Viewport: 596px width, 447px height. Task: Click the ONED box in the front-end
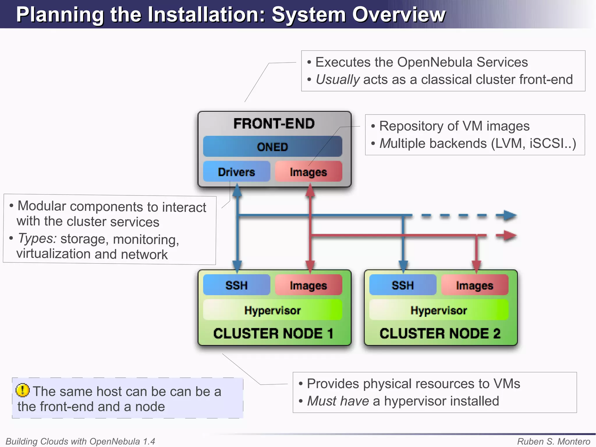[272, 146]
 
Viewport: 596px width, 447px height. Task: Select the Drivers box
[236, 172]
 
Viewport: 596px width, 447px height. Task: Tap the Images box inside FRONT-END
[308, 172]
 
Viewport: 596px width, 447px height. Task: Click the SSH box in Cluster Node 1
[236, 285]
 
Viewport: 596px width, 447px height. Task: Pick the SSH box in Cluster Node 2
[402, 285]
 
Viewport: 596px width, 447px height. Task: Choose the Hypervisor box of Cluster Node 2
[439, 310]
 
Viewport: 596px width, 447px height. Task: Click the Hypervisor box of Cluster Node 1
[272, 310]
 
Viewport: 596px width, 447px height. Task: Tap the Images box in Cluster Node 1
[308, 285]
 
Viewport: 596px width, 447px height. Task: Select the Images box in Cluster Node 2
[474, 285]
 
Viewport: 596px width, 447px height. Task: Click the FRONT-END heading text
[274, 123]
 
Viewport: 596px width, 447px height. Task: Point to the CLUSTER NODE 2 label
[440, 333]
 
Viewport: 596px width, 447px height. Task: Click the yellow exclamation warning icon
[22, 390]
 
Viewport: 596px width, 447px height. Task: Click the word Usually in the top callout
[338, 79]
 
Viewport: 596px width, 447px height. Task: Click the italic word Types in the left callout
[37, 238]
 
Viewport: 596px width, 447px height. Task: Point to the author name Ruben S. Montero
[553, 441]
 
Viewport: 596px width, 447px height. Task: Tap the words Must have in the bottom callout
[338, 401]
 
